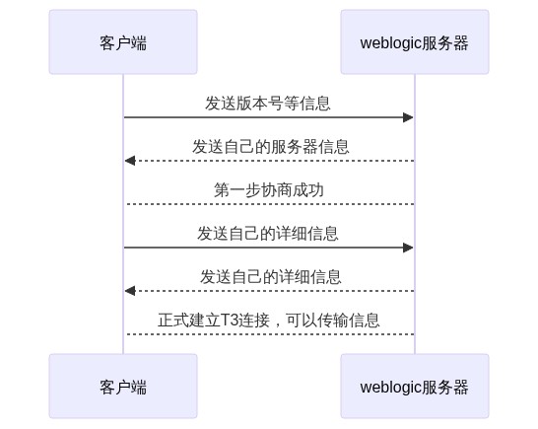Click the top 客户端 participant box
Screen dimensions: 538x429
[x=123, y=41]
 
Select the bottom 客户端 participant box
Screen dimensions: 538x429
[x=123, y=386]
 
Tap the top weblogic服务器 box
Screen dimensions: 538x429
[x=415, y=41]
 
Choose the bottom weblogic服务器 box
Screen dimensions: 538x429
[x=415, y=386]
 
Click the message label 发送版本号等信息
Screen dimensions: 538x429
[x=268, y=104]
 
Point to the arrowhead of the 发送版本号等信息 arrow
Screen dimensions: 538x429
[x=408, y=117]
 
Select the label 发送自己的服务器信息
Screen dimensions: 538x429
[x=271, y=147]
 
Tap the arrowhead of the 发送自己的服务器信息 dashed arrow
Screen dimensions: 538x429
[x=130, y=161]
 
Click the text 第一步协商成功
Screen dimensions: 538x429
[x=269, y=190]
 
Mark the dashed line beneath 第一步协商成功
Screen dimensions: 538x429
[x=269, y=204]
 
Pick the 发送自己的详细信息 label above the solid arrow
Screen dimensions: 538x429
[x=268, y=234]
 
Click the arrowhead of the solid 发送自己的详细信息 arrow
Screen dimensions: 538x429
[x=408, y=248]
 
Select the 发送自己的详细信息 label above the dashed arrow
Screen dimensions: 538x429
[x=271, y=277]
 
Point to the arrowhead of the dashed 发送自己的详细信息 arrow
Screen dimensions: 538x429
[x=130, y=291]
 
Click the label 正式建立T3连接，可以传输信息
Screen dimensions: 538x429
[x=269, y=321]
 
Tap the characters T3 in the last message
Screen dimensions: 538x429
[x=230, y=321]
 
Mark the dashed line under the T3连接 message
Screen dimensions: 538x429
[x=269, y=334]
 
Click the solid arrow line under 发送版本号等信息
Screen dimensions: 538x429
[x=269, y=117]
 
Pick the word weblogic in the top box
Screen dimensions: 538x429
[x=390, y=43]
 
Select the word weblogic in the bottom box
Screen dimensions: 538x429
[x=390, y=388]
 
